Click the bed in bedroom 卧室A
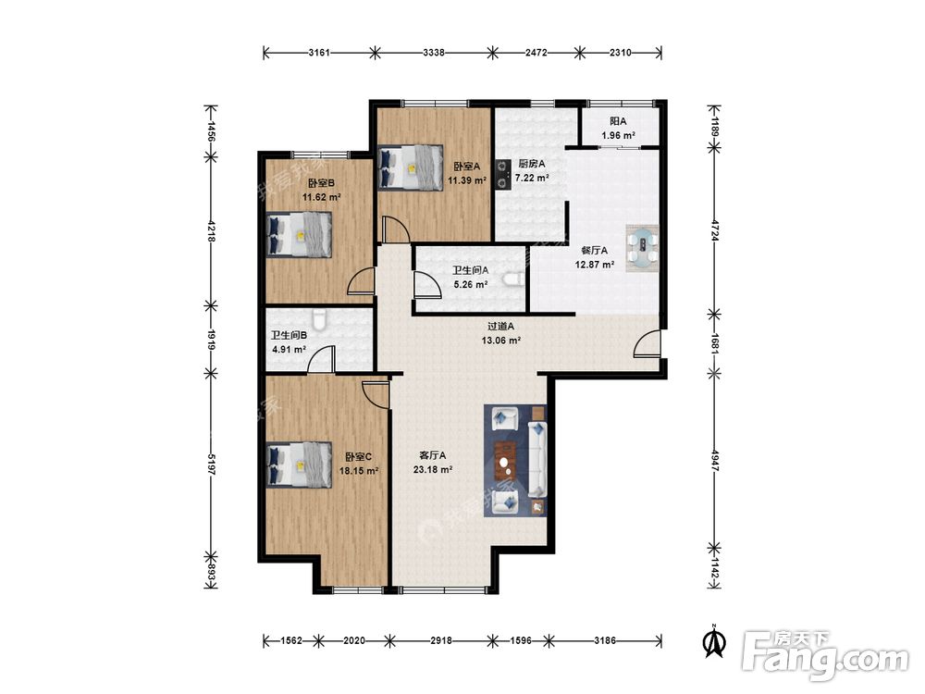(411, 167)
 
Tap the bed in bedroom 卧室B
(299, 234)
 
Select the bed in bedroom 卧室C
(299, 465)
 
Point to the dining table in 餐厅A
(643, 248)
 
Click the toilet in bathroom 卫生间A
(514, 278)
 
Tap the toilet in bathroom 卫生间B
(319, 320)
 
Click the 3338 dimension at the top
(434, 53)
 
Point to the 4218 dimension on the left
(211, 230)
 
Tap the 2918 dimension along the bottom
(440, 640)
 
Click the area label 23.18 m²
(433, 470)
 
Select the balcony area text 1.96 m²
(618, 136)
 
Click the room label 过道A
(501, 326)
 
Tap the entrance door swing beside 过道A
(647, 344)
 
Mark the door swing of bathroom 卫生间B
(321, 359)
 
